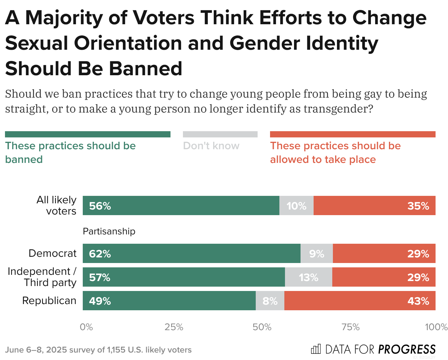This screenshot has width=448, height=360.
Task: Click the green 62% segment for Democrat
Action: (191, 253)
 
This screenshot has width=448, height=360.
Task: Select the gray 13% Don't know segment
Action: (308, 277)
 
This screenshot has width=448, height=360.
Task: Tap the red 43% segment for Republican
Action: (360, 301)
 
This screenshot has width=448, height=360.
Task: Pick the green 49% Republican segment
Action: (169, 301)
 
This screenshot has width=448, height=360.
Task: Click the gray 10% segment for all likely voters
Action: (296, 205)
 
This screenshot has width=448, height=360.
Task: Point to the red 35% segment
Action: (374, 205)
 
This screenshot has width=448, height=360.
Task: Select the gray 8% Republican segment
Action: (270, 301)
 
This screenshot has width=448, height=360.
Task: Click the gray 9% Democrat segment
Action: (316, 253)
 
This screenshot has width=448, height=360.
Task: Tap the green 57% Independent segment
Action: (184, 277)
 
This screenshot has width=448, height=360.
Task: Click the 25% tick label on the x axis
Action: (174, 327)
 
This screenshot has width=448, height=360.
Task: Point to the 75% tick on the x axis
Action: (351, 327)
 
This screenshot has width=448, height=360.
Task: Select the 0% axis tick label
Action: (86, 327)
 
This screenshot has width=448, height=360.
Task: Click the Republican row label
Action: (49, 301)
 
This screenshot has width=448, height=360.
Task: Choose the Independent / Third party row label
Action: (42, 277)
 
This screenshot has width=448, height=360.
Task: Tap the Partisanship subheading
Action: (109, 231)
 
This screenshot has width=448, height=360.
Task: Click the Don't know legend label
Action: (211, 146)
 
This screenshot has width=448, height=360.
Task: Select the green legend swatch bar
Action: (87, 134)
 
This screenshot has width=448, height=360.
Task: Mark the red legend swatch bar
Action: (352, 134)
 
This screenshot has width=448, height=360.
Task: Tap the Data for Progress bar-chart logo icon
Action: (316, 349)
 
